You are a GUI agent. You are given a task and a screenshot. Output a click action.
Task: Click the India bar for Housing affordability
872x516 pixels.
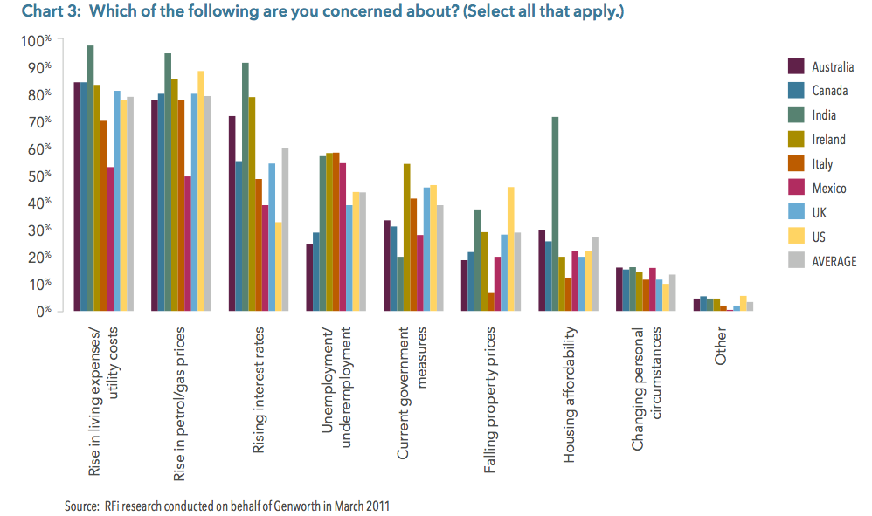point(555,214)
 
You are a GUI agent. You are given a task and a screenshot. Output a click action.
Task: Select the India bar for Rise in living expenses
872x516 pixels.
point(90,178)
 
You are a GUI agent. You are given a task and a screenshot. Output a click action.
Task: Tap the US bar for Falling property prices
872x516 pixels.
point(510,249)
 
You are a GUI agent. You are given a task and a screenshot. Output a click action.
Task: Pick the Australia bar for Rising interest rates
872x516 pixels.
point(232,213)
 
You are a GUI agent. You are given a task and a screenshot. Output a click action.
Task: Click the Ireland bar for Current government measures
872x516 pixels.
point(406,237)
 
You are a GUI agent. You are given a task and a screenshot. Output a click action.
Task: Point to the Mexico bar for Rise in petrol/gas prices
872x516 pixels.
point(186,244)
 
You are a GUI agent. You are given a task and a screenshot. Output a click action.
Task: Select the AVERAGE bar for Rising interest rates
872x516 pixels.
point(285,229)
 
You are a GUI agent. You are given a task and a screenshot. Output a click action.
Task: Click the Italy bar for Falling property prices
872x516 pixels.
point(490,301)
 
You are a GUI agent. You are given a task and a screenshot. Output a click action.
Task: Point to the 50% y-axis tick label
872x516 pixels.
point(43,176)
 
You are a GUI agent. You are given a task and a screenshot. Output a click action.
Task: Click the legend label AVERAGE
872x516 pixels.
point(834,260)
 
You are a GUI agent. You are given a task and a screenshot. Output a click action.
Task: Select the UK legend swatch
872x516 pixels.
point(796,211)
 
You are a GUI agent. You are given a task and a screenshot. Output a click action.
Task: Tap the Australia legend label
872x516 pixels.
point(833,66)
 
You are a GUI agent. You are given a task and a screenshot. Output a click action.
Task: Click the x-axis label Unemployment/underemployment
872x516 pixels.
point(336,388)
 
